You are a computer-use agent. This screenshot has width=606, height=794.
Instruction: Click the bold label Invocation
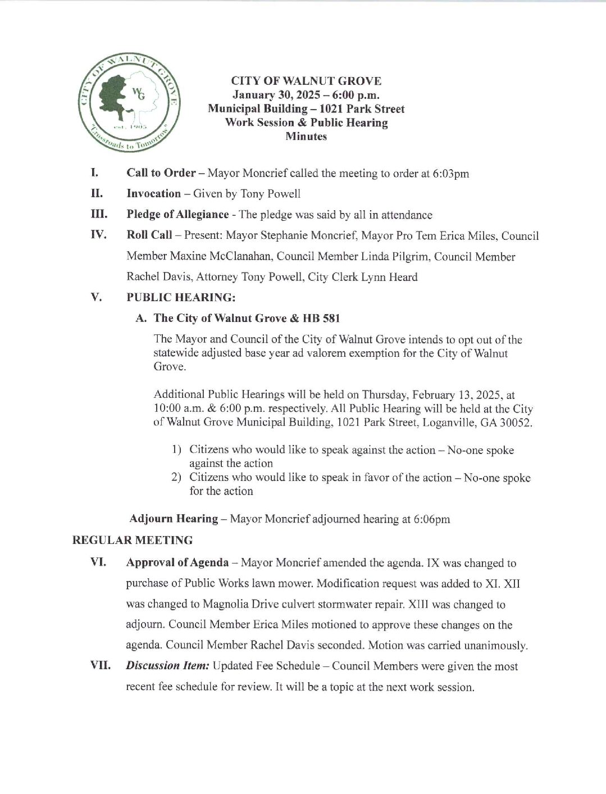(154, 194)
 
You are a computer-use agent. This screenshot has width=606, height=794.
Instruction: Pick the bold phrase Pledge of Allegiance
(177, 215)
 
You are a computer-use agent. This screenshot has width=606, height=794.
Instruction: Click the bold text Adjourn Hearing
(174, 519)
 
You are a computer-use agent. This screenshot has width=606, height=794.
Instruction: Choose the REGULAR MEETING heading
(133, 541)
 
